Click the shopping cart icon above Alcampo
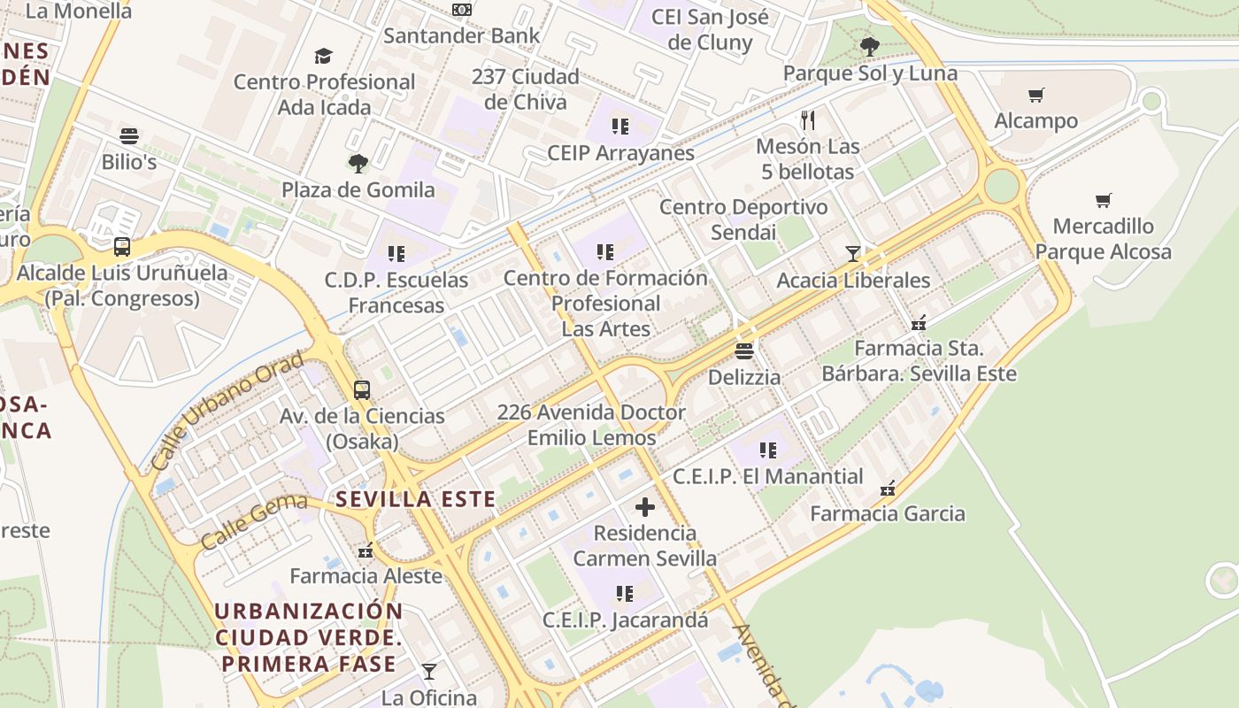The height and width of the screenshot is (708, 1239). tap(1035, 95)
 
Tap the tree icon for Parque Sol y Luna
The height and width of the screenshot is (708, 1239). tap(869, 46)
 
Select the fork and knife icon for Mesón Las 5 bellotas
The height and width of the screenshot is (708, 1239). tap(807, 119)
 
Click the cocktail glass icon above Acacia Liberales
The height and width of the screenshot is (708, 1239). tap(852, 254)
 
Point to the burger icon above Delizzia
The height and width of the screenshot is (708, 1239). tap(744, 351)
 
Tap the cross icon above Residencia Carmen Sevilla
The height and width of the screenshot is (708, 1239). tap(645, 507)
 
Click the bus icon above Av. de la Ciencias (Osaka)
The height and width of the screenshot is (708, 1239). tap(361, 389)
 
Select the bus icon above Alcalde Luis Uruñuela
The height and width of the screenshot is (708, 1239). tap(122, 247)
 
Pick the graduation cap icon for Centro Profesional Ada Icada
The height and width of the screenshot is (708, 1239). tap(323, 56)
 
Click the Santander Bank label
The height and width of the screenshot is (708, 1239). tap(461, 36)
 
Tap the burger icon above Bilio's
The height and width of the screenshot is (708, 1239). tap(129, 136)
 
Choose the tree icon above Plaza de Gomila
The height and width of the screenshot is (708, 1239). tap(358, 163)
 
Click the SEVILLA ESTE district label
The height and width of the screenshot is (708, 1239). tap(416, 499)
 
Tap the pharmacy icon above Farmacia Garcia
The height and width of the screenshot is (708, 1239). tap(888, 488)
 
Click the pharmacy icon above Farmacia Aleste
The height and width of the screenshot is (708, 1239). tap(366, 551)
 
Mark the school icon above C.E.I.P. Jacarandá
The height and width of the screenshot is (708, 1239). tap(625, 594)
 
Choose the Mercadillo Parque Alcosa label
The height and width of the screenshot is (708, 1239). tap(1103, 239)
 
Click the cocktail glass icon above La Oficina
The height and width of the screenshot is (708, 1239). tap(429, 672)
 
